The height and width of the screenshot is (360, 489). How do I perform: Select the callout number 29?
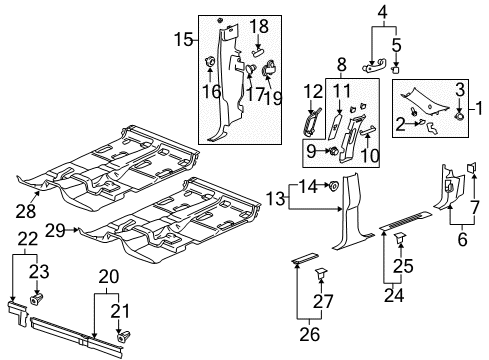click(56, 230)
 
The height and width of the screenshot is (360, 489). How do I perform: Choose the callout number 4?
click(381, 13)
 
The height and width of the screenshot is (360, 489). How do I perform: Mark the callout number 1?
click(480, 105)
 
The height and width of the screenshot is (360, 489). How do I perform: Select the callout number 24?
click(387, 296)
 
